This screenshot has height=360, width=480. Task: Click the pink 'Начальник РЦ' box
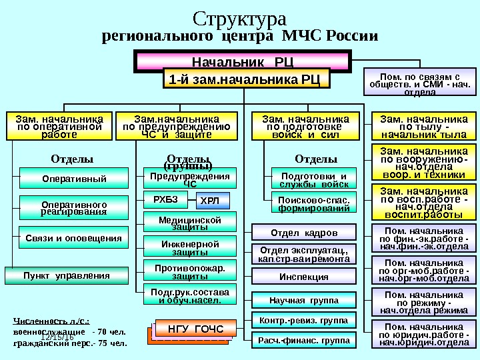[243, 62]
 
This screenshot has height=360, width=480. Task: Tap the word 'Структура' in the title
[239, 18]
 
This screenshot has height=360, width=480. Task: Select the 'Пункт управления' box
[66, 275]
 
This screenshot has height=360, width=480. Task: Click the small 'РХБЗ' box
[166, 198]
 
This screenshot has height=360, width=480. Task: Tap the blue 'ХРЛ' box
[214, 199]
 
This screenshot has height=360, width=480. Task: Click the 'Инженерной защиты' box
[190, 248]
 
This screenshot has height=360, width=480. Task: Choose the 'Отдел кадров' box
[303, 233]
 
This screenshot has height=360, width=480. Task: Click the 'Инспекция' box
[303, 277]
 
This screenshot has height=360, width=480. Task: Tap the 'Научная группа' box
[303, 301]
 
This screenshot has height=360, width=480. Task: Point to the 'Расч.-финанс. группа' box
[303, 341]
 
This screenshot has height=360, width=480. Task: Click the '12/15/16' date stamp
[57, 338]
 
